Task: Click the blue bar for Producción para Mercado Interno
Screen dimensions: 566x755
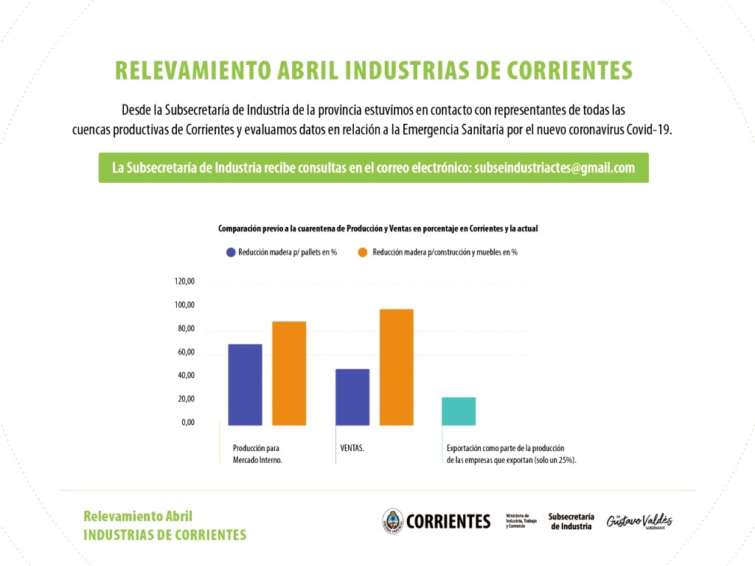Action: pos(245,385)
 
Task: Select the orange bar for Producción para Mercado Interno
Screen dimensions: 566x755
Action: pos(289,374)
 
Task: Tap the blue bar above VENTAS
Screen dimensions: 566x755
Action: pos(352,397)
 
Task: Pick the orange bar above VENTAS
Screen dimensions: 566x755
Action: pos(397,367)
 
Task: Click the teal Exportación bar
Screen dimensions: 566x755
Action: pos(459,411)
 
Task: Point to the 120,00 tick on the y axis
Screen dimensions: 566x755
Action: pos(184,282)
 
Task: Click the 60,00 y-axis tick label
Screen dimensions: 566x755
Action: pos(185,352)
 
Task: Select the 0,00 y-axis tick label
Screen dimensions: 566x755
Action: pos(188,423)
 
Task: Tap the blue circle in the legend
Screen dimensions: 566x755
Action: pos(232,252)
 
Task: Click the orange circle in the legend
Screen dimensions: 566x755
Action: pos(363,252)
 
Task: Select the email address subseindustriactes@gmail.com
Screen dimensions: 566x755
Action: pos(554,168)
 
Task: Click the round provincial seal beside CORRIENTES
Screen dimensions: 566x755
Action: pos(392,521)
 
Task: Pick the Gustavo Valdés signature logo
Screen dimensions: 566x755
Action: pos(639,520)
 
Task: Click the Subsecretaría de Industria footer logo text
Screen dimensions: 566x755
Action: pos(571,521)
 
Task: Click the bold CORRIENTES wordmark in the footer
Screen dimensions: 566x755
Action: pos(448,522)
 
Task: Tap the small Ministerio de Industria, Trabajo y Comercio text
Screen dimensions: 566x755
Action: pos(522,521)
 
